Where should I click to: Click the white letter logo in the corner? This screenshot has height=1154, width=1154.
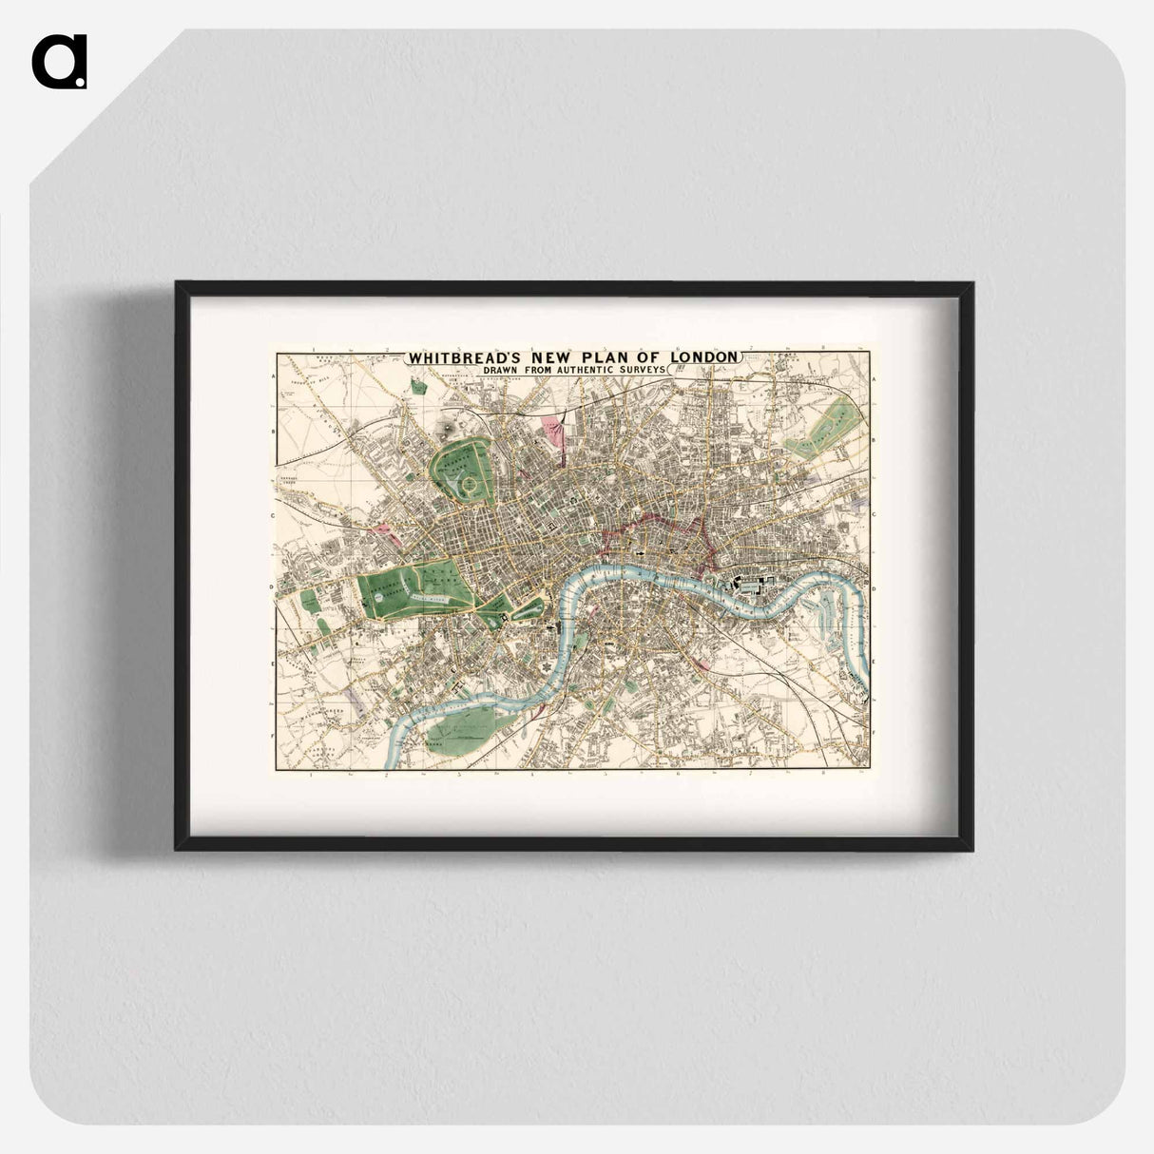click(59, 62)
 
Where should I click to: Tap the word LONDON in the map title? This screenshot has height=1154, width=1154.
click(703, 356)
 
